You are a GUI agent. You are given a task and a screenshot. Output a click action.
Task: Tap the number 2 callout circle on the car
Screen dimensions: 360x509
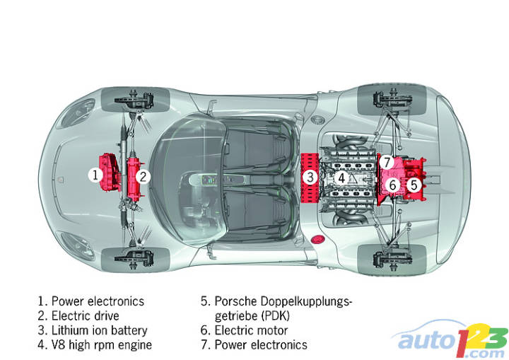pyautogui.click(x=143, y=176)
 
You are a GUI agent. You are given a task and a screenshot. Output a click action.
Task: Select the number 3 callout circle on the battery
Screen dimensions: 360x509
pyautogui.click(x=310, y=177)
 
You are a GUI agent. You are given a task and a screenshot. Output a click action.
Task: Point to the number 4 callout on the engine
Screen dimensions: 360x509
pyautogui.click(x=341, y=178)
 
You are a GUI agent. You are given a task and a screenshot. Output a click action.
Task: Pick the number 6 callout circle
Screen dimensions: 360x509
pyautogui.click(x=393, y=185)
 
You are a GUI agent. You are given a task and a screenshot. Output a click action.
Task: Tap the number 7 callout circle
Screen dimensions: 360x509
pyautogui.click(x=386, y=161)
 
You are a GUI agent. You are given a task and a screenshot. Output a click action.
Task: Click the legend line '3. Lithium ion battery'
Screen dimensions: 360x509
pyautogui.click(x=93, y=330)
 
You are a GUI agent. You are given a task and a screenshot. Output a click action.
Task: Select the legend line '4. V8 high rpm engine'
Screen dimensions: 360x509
pyautogui.click(x=95, y=345)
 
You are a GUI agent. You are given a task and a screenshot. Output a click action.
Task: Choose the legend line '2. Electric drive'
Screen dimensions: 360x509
pyautogui.click(x=78, y=315)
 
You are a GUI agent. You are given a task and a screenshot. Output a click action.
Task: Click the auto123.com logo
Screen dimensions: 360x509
pyautogui.click(x=453, y=339)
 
